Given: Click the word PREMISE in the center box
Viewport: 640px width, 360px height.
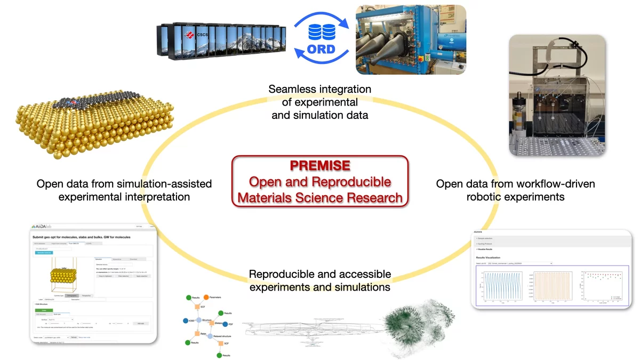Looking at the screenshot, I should [319, 166].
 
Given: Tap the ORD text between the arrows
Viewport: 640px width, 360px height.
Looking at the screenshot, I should [321, 50].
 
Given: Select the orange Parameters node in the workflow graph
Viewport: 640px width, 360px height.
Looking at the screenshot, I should [206, 297].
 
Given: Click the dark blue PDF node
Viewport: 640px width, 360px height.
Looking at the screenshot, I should [223, 324].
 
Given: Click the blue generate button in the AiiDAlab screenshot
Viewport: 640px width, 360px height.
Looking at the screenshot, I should [45, 252].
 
